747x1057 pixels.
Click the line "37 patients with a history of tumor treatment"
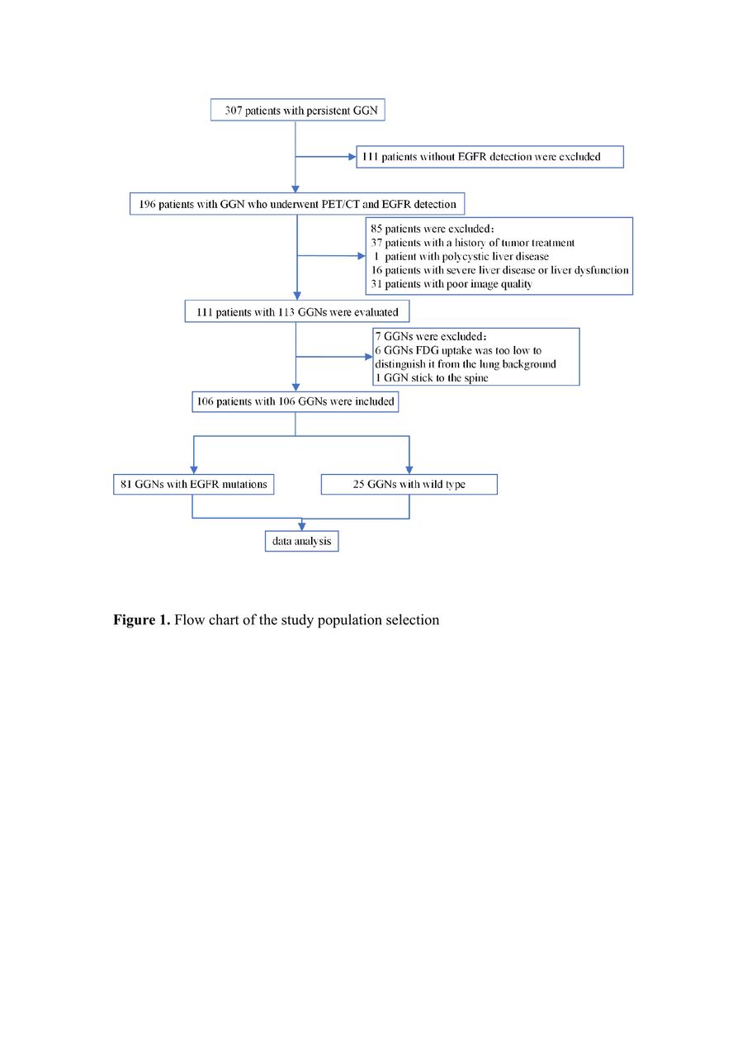click(472, 243)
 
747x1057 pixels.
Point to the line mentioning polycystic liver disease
click(461, 256)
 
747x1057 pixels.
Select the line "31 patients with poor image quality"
click(452, 283)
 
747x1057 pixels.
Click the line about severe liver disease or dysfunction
click(499, 270)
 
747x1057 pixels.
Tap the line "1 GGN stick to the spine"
click(432, 377)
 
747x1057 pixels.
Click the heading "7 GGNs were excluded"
click(431, 336)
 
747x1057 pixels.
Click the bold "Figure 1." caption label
click(141, 619)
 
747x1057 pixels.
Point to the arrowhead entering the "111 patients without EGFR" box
click(352, 157)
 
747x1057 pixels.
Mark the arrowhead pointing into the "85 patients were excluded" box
click(362, 256)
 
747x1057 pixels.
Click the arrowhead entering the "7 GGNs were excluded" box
click(369, 357)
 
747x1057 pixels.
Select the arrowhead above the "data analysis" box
click(302, 527)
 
